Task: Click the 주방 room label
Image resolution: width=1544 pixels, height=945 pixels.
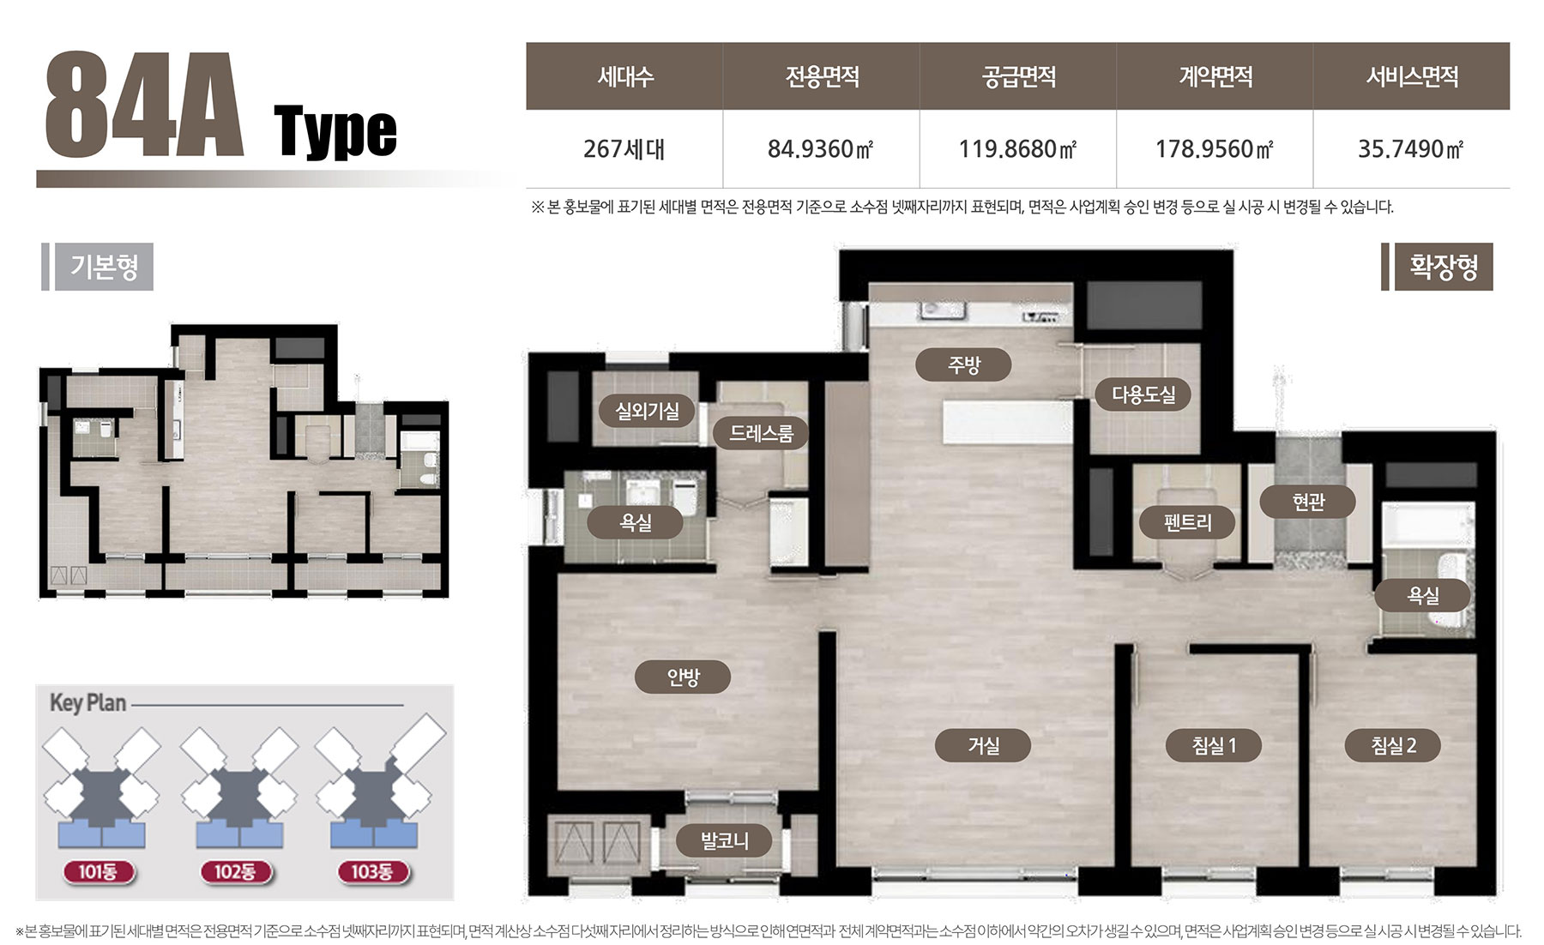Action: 963,365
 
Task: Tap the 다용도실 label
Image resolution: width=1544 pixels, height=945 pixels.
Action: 1143,394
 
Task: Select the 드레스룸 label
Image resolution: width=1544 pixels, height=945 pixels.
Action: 761,433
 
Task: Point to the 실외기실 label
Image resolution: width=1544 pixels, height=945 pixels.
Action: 647,411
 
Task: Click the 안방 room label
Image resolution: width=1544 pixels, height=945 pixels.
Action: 683,677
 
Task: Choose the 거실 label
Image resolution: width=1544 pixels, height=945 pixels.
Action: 983,745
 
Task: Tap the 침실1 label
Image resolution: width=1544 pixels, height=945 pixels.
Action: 1214,745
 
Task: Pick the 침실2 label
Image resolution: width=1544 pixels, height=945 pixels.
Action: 1393,745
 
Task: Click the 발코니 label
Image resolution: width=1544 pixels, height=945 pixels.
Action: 725,841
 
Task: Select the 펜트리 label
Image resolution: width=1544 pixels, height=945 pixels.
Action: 1187,521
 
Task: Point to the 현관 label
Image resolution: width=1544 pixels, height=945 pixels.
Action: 1308,502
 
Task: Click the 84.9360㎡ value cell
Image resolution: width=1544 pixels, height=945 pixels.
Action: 821,149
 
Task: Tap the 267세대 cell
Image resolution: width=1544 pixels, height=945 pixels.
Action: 624,149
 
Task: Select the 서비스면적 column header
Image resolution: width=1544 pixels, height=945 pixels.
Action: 1412,77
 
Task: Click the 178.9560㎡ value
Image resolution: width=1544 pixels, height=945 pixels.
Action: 1215,149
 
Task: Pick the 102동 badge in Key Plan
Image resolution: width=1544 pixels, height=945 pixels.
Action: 235,872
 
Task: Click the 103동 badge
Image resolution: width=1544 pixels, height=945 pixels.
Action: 371,872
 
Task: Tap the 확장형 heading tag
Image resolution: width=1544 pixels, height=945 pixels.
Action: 1444,267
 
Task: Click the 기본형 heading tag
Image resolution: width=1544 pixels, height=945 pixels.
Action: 104,267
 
